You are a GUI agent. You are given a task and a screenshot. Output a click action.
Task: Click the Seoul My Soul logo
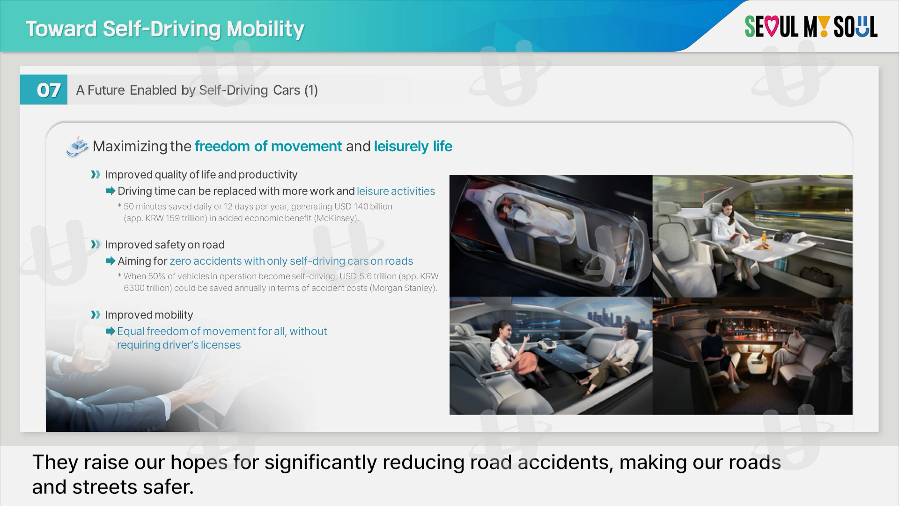coord(811,27)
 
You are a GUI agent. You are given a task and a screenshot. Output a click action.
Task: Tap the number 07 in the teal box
coord(48,90)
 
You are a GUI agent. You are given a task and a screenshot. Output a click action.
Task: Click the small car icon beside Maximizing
coord(77,147)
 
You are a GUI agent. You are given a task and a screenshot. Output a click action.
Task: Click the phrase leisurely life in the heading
coord(413,146)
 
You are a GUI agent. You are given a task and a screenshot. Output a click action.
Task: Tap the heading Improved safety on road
coord(165,245)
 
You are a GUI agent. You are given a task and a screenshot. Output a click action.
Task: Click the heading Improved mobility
coord(149,315)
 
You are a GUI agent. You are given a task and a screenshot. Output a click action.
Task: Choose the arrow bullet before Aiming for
coord(111,261)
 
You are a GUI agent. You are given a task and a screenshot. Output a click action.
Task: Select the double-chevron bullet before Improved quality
coord(96,175)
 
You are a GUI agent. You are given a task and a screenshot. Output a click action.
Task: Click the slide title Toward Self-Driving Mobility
coord(165,29)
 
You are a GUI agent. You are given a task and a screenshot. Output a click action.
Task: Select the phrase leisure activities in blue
coord(396,191)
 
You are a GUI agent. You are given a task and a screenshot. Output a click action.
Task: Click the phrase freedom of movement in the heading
coord(268,146)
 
